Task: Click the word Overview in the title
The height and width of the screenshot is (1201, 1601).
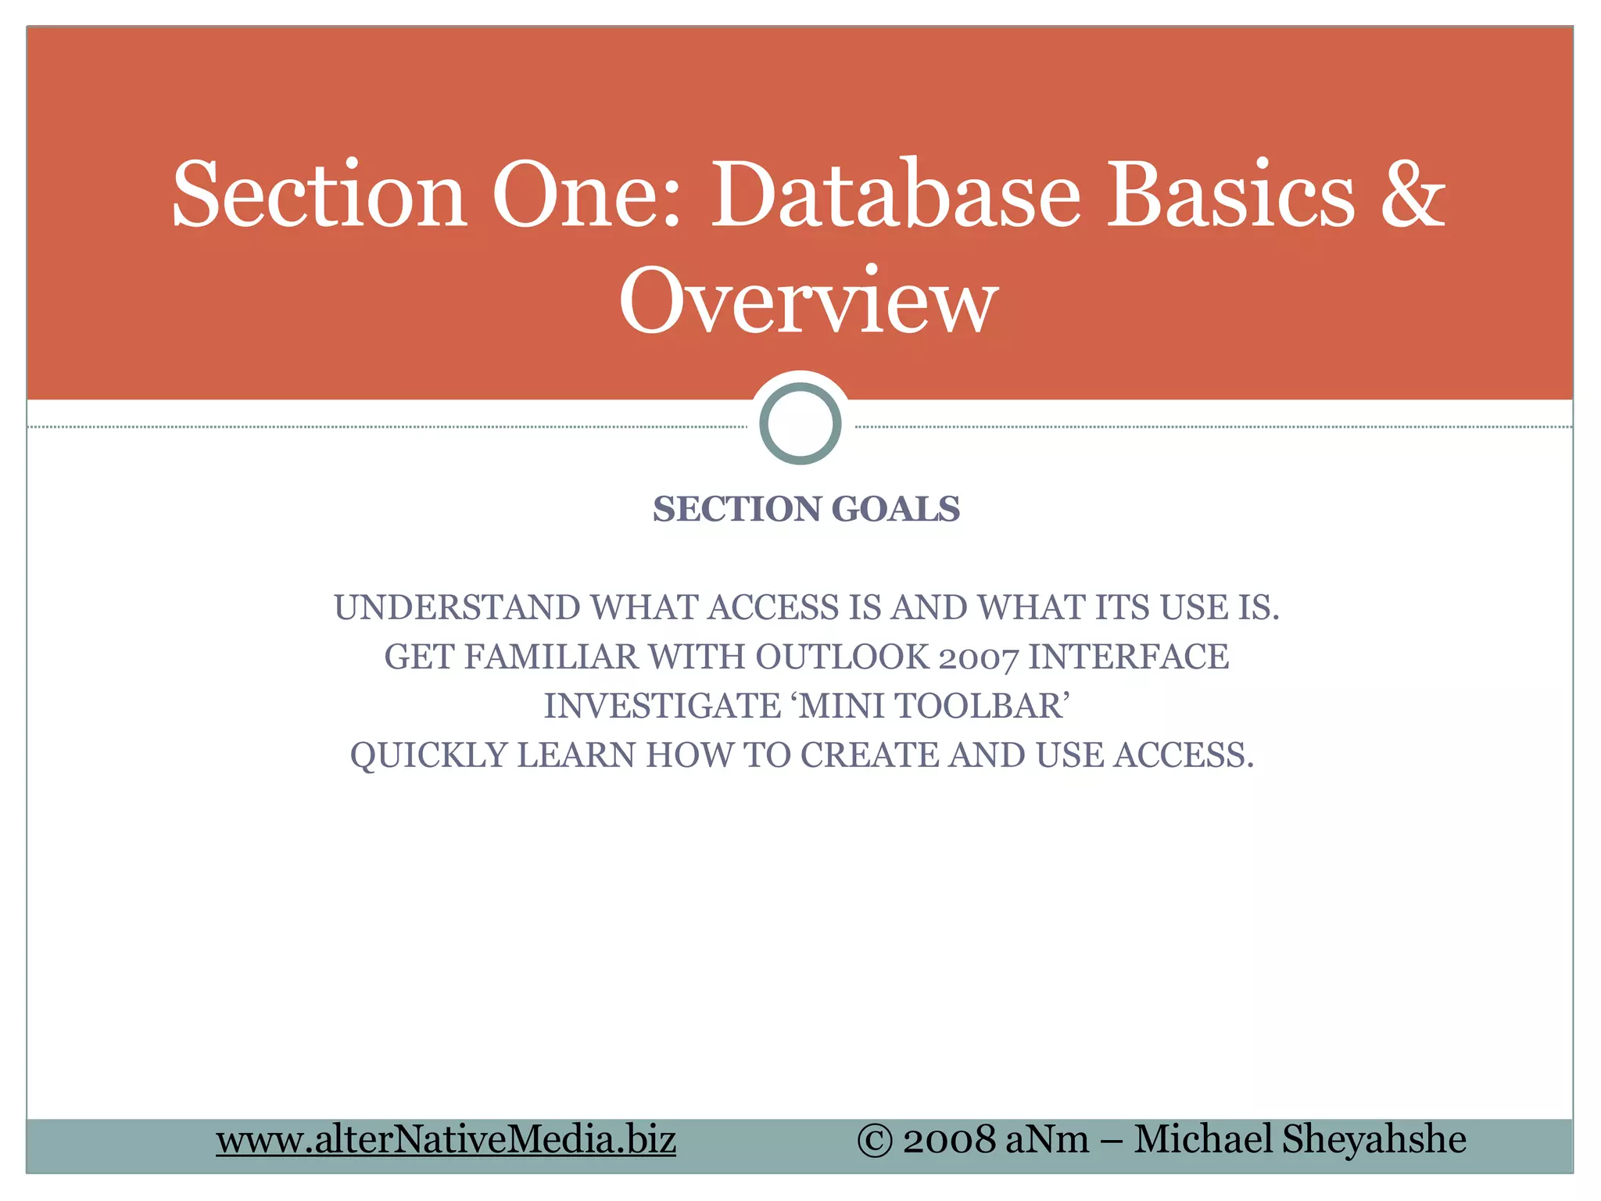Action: (x=808, y=300)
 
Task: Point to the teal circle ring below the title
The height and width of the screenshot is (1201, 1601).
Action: (x=800, y=423)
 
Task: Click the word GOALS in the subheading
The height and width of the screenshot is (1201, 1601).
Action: (x=896, y=509)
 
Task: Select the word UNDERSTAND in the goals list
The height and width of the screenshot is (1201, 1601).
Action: (x=457, y=608)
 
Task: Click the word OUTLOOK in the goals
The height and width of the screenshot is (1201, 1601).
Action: (x=841, y=657)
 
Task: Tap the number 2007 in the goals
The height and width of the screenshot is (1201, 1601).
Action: (x=979, y=658)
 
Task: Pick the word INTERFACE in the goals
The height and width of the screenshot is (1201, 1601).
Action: (x=1128, y=657)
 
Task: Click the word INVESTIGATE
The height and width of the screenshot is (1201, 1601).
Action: (x=662, y=706)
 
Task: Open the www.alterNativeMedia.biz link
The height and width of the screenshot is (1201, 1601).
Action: (x=446, y=1139)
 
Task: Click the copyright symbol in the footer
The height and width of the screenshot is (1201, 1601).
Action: (x=875, y=1140)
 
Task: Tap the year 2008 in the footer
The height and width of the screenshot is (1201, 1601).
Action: (x=949, y=1140)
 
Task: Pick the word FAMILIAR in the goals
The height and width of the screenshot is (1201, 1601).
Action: (x=551, y=657)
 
